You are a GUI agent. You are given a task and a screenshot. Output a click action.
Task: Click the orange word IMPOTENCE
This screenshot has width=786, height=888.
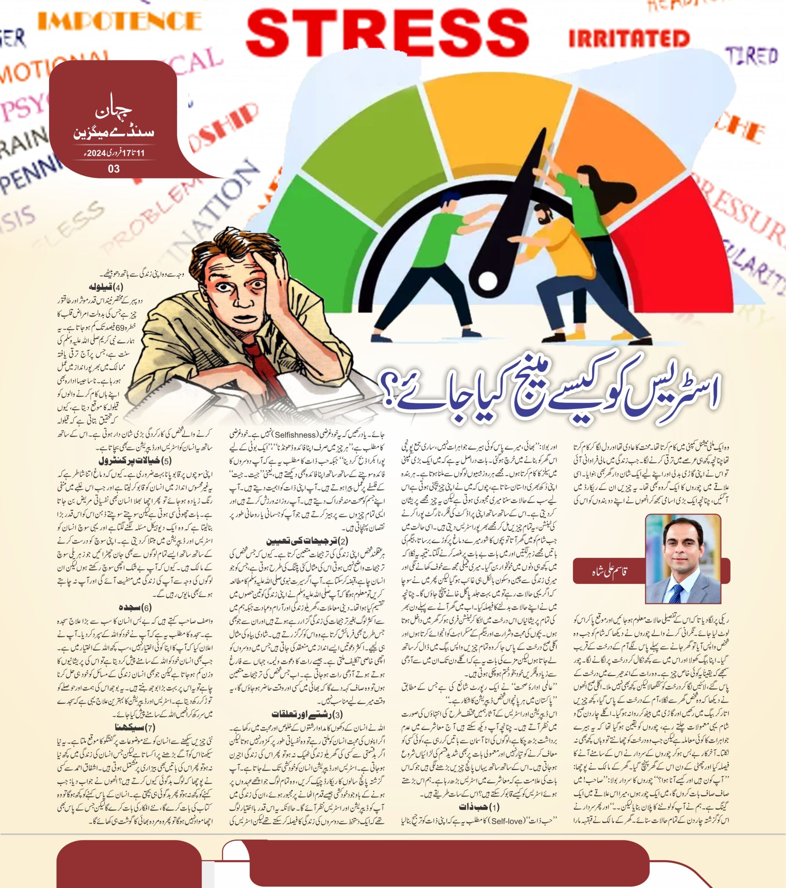click(x=120, y=20)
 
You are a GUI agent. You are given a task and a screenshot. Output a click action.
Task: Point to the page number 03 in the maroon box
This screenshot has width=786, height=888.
click(x=114, y=169)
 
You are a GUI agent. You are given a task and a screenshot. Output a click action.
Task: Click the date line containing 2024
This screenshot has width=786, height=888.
click(x=114, y=153)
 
